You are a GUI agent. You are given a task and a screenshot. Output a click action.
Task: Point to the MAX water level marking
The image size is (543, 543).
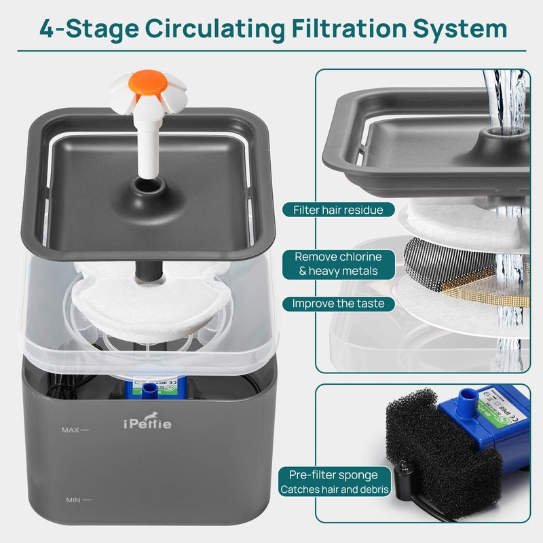click(x=75, y=430)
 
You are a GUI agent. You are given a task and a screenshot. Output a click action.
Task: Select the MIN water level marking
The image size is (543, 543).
click(x=77, y=501)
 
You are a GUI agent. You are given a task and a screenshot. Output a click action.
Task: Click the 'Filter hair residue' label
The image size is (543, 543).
click(x=338, y=210)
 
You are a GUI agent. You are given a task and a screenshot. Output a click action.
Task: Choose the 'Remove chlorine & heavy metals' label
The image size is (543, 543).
click(x=338, y=264)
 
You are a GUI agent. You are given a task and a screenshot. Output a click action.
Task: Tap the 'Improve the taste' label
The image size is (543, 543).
click(x=338, y=303)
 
